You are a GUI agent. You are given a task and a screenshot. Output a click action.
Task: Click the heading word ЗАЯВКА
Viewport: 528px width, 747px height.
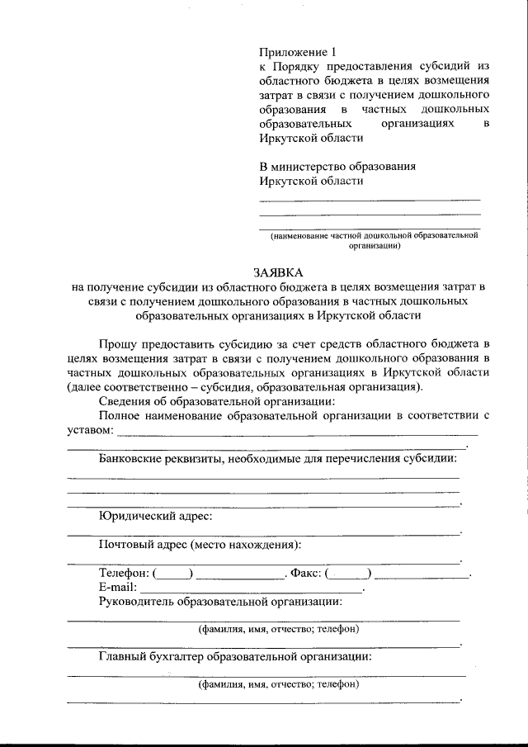click(278, 272)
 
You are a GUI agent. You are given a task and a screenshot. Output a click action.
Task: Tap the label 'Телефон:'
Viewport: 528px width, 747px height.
click(124, 573)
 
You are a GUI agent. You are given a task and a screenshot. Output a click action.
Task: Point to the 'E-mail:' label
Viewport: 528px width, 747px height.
click(117, 587)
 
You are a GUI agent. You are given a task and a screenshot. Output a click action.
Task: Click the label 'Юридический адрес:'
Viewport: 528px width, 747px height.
click(155, 517)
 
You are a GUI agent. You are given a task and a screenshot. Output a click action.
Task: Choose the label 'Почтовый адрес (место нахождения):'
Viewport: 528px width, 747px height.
click(200, 545)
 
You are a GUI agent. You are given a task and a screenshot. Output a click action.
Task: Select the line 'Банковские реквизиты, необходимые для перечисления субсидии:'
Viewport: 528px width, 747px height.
click(277, 458)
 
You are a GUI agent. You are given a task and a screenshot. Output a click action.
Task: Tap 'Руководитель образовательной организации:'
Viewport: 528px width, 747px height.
click(219, 601)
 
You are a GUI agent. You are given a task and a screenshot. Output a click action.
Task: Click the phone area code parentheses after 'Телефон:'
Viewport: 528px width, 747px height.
click(173, 574)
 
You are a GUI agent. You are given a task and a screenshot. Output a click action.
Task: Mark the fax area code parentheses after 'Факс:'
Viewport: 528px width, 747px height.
click(348, 574)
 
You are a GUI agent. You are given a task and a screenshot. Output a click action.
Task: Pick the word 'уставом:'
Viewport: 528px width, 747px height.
click(89, 430)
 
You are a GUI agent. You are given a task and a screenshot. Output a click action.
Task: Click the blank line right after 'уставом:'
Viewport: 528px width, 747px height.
click(297, 433)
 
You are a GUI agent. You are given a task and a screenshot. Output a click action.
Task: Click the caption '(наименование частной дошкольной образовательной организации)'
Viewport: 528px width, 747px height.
click(375, 239)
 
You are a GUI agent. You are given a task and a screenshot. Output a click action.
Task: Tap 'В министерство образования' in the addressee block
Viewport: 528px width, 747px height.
click(337, 166)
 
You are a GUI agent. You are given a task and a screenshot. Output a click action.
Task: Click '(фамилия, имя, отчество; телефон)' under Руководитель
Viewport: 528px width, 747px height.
click(277, 629)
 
